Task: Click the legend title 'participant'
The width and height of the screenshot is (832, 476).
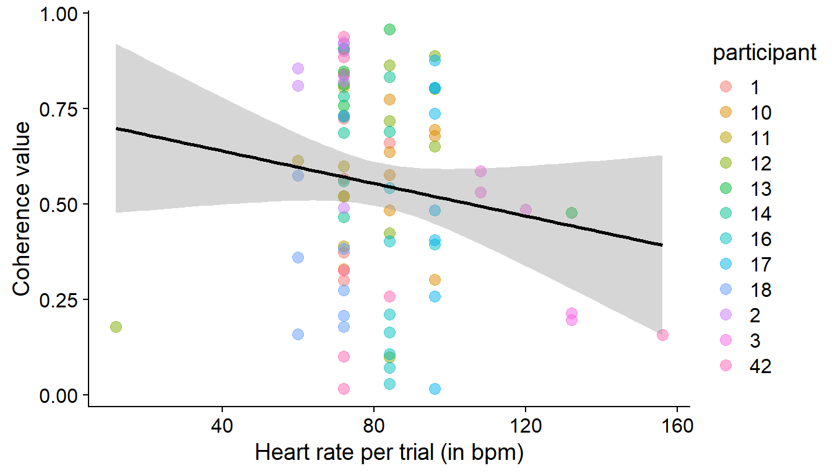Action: point(764,54)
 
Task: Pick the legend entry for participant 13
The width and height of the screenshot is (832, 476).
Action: point(727,188)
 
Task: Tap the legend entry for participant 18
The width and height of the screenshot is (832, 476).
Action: point(727,290)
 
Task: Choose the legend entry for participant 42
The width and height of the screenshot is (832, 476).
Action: point(727,366)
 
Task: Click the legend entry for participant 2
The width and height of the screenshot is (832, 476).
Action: point(727,315)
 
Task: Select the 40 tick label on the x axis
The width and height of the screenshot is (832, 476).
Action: point(222,427)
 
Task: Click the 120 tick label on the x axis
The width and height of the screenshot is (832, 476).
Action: point(526,427)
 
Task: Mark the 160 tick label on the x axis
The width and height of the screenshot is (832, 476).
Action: point(677,427)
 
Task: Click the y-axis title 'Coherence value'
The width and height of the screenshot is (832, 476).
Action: point(22,209)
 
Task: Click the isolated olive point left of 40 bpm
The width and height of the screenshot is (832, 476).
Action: point(116,327)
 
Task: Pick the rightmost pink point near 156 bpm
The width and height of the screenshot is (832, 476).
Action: point(662,335)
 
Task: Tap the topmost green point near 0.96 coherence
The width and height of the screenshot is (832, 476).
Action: point(389,29)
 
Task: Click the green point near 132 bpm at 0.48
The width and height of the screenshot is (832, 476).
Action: point(571,213)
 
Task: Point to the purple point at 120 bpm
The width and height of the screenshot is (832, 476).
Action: point(526,210)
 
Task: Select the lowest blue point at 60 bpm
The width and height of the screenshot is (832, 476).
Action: point(298,334)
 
